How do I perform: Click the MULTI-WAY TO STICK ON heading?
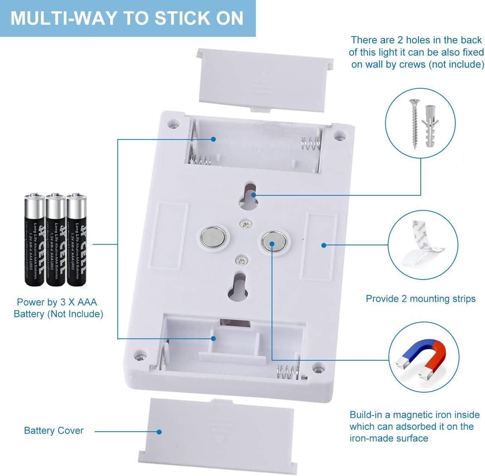(x=127, y=18)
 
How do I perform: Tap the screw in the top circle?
(x=414, y=124)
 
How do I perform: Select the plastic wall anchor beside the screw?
(x=429, y=126)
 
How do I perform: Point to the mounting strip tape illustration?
(x=422, y=244)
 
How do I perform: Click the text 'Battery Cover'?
(x=54, y=431)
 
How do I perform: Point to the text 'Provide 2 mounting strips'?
(x=420, y=299)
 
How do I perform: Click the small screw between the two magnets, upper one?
(x=246, y=224)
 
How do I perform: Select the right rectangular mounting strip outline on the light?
(x=320, y=247)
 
